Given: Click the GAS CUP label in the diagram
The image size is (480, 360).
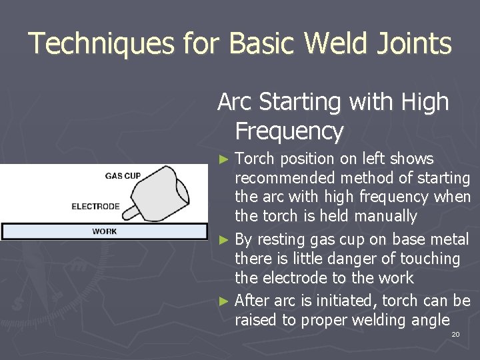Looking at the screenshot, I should (x=122, y=176).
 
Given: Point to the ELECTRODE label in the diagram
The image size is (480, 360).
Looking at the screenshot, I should (x=95, y=206).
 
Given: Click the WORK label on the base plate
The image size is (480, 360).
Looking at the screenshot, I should (x=104, y=231).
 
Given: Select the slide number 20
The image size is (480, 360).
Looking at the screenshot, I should (x=455, y=333).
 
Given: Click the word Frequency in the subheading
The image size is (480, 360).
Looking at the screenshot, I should (x=289, y=131).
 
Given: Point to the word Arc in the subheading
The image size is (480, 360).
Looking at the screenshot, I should (x=234, y=102).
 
